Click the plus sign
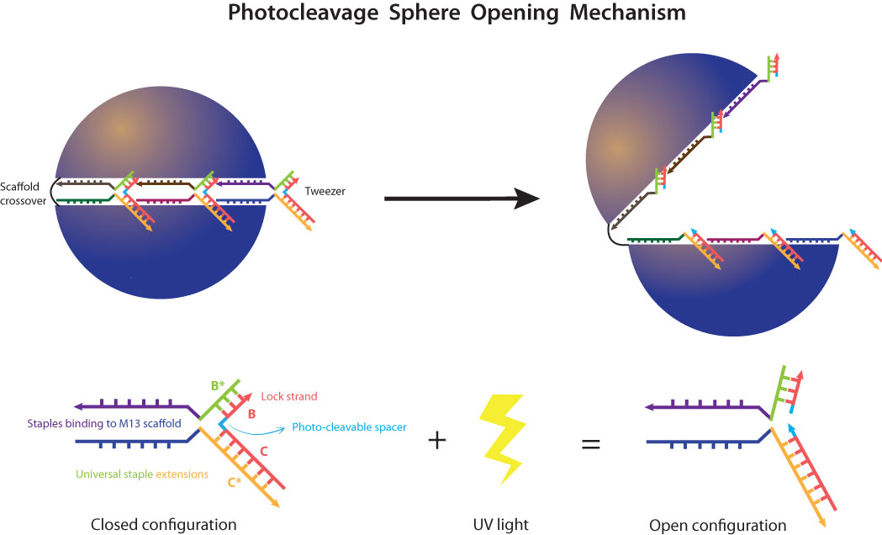(436, 441)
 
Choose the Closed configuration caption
(163, 525)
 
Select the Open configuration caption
(717, 525)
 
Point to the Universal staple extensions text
(141, 474)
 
